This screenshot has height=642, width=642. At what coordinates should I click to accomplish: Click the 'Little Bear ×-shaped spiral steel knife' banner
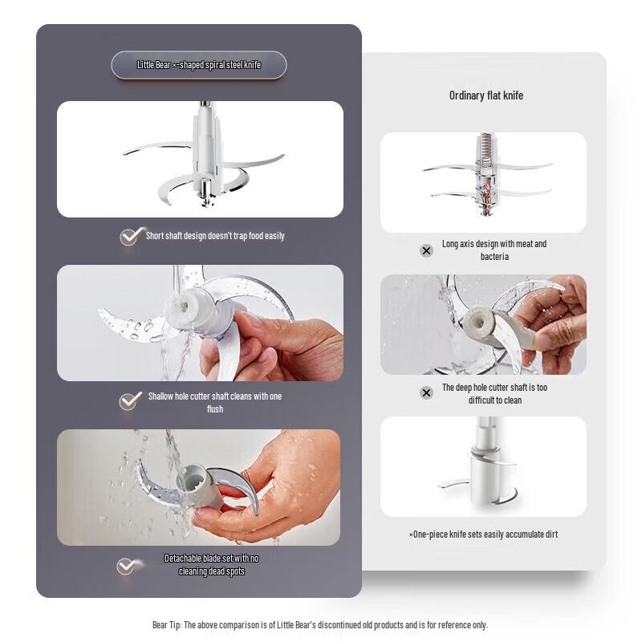pos(199,65)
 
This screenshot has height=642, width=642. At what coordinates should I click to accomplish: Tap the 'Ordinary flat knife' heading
pos(486,95)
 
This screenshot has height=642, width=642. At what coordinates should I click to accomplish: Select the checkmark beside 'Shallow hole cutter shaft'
pos(130,400)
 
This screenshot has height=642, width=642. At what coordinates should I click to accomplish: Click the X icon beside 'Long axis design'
pos(426,250)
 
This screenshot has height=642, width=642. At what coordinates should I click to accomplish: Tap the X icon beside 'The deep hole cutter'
pos(426,393)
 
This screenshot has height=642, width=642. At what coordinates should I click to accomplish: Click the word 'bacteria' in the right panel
pos(494,257)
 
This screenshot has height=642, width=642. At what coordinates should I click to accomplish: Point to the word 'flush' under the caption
pos(215,409)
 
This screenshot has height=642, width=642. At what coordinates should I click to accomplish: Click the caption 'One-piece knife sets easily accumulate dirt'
pos(483,534)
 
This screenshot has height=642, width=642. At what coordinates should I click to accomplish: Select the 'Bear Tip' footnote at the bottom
pos(320,625)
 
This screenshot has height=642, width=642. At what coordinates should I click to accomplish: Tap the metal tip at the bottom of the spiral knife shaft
pos(205,202)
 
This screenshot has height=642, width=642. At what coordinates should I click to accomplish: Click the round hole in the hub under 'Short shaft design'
pos(185,306)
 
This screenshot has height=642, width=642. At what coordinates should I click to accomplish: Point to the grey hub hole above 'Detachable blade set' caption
pos(191,479)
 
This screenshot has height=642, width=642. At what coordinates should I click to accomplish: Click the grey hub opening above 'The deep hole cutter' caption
pos(478,322)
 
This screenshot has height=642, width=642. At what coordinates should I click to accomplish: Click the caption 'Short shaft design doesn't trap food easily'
pos(215,236)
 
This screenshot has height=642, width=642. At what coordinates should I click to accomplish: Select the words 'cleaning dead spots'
pos(212,571)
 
